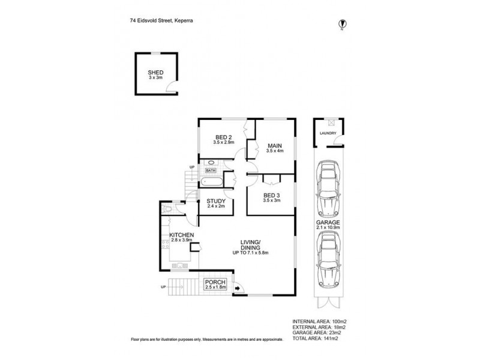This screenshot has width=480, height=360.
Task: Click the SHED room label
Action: (155, 73)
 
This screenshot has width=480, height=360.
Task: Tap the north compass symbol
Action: (342, 23)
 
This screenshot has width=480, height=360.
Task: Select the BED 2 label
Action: (223, 137)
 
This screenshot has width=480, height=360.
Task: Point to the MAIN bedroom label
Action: (275, 146)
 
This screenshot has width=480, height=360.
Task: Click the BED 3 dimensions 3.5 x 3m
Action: (272, 200)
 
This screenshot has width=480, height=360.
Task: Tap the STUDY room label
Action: (216, 201)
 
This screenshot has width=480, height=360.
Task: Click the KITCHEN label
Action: (182, 235)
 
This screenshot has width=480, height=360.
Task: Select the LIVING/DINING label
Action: (250, 245)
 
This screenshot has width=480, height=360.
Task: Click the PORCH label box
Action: (215, 284)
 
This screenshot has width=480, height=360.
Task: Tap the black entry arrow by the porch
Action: (237, 288)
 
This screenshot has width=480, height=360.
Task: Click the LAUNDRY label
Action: (328, 133)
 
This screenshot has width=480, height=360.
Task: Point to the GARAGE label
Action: (328, 223)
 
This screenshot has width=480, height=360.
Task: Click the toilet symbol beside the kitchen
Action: (167, 209)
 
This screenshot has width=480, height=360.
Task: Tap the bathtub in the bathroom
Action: (212, 182)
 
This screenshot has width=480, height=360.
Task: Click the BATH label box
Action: (211, 170)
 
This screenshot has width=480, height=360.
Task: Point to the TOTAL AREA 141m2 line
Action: (316, 338)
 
